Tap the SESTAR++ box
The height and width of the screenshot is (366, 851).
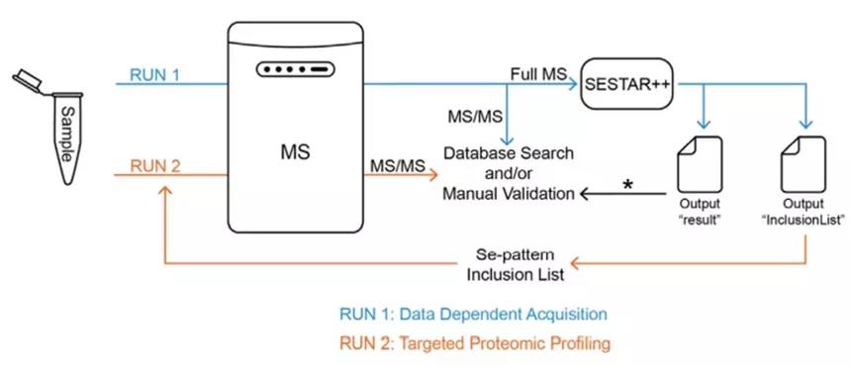626,83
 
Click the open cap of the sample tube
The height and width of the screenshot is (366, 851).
29,81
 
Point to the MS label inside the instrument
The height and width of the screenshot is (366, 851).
295,152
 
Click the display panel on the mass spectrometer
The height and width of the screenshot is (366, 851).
296,70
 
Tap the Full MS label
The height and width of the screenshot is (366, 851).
538,74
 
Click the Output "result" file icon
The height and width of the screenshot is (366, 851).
700,164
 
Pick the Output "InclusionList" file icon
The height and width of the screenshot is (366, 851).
804,164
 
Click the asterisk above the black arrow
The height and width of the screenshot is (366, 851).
628,184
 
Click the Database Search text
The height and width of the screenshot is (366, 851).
509,153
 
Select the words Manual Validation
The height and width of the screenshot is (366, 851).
509,194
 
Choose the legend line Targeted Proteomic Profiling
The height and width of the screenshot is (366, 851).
475,343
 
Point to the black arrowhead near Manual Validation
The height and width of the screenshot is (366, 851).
584,194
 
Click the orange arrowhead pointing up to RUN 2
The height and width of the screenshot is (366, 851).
165,190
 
